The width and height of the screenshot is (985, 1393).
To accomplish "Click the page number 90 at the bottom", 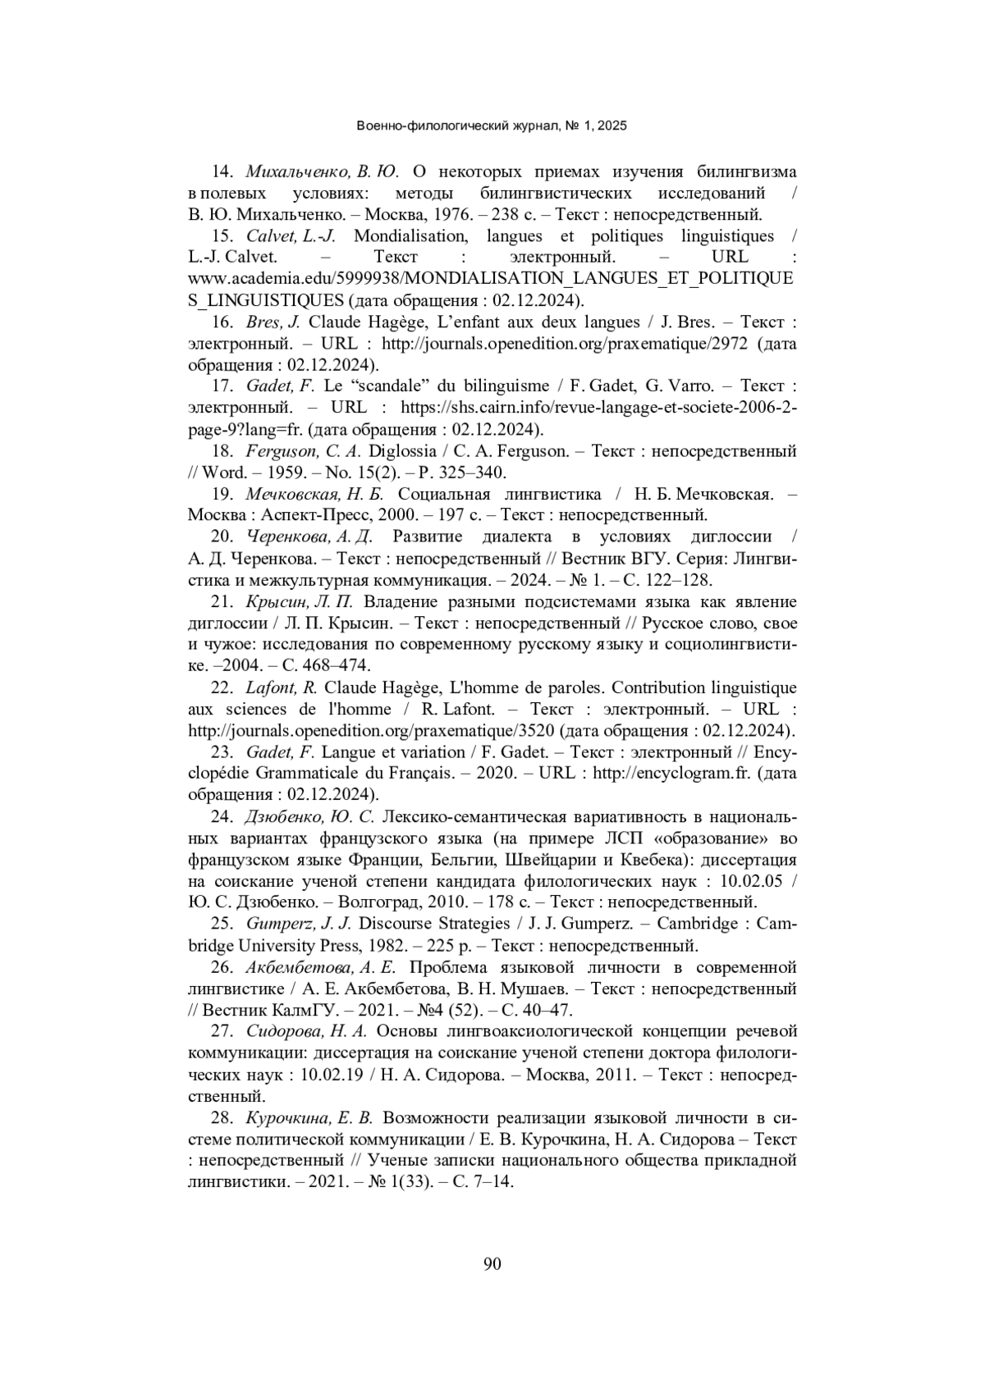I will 492,1264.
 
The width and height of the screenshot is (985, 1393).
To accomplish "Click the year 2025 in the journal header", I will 612,126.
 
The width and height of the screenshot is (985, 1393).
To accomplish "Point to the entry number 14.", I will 222,171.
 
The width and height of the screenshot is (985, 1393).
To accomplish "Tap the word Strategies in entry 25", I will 470,924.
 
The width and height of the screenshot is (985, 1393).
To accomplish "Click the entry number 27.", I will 222,1030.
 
